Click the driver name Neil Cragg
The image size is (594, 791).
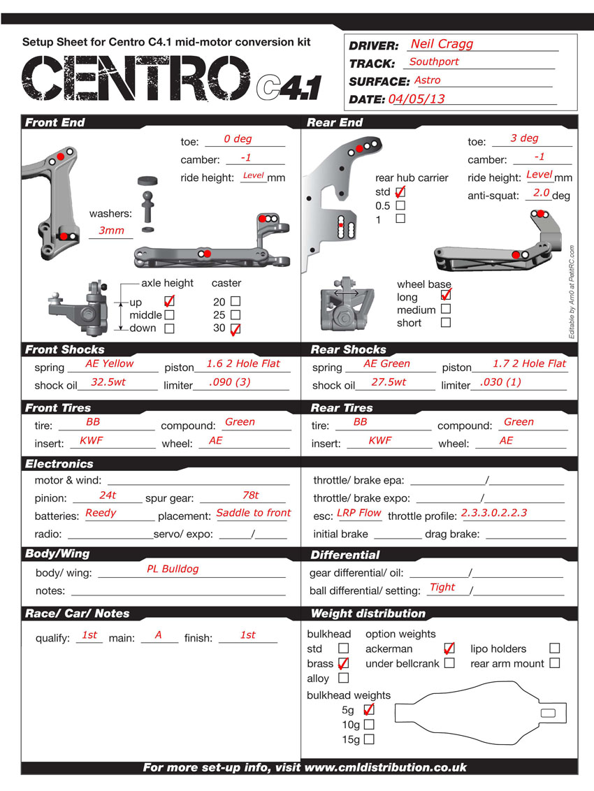click(442, 44)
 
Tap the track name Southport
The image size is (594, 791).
click(434, 61)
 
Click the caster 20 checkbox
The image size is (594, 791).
click(235, 301)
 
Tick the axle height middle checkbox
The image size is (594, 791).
click(169, 315)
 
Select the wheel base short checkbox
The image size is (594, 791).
click(446, 323)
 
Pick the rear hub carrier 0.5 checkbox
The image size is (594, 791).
click(400, 205)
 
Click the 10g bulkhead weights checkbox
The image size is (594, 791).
click(369, 725)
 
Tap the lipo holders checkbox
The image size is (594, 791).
click(554, 648)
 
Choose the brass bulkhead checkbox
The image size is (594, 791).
click(343, 663)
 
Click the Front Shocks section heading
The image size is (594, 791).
click(65, 349)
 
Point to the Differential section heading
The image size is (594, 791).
click(345, 555)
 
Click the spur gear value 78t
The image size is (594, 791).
click(250, 495)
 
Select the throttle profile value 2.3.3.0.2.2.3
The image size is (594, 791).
click(494, 513)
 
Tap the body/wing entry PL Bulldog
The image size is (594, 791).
click(173, 569)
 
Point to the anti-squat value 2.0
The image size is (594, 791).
click(541, 192)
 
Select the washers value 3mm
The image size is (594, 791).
click(111, 230)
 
